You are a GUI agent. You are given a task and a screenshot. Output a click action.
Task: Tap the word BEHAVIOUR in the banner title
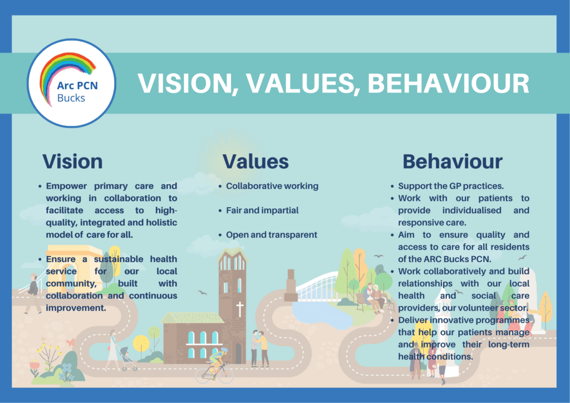449,83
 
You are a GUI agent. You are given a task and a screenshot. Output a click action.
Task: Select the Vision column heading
73,161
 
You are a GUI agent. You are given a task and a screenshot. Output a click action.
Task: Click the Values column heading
255,161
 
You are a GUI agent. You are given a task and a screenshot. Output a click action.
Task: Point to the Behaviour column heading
453,161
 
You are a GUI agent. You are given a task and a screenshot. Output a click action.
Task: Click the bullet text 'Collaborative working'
272,186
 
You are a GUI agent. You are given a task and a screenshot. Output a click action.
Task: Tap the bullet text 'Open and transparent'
272,235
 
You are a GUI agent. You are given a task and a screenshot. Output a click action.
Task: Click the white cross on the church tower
240,309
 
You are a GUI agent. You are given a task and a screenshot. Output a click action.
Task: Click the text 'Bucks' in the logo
72,99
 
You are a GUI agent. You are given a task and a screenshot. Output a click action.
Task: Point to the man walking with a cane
33,293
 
